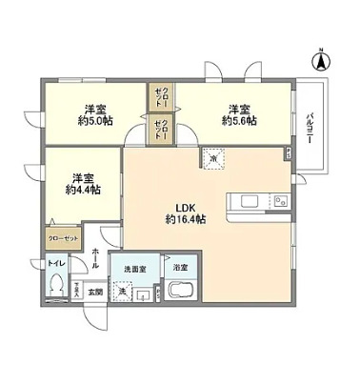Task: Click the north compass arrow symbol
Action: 322,60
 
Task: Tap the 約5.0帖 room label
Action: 95,115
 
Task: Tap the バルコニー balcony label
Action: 310,129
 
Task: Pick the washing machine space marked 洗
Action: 123,291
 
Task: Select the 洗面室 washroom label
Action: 133,270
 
